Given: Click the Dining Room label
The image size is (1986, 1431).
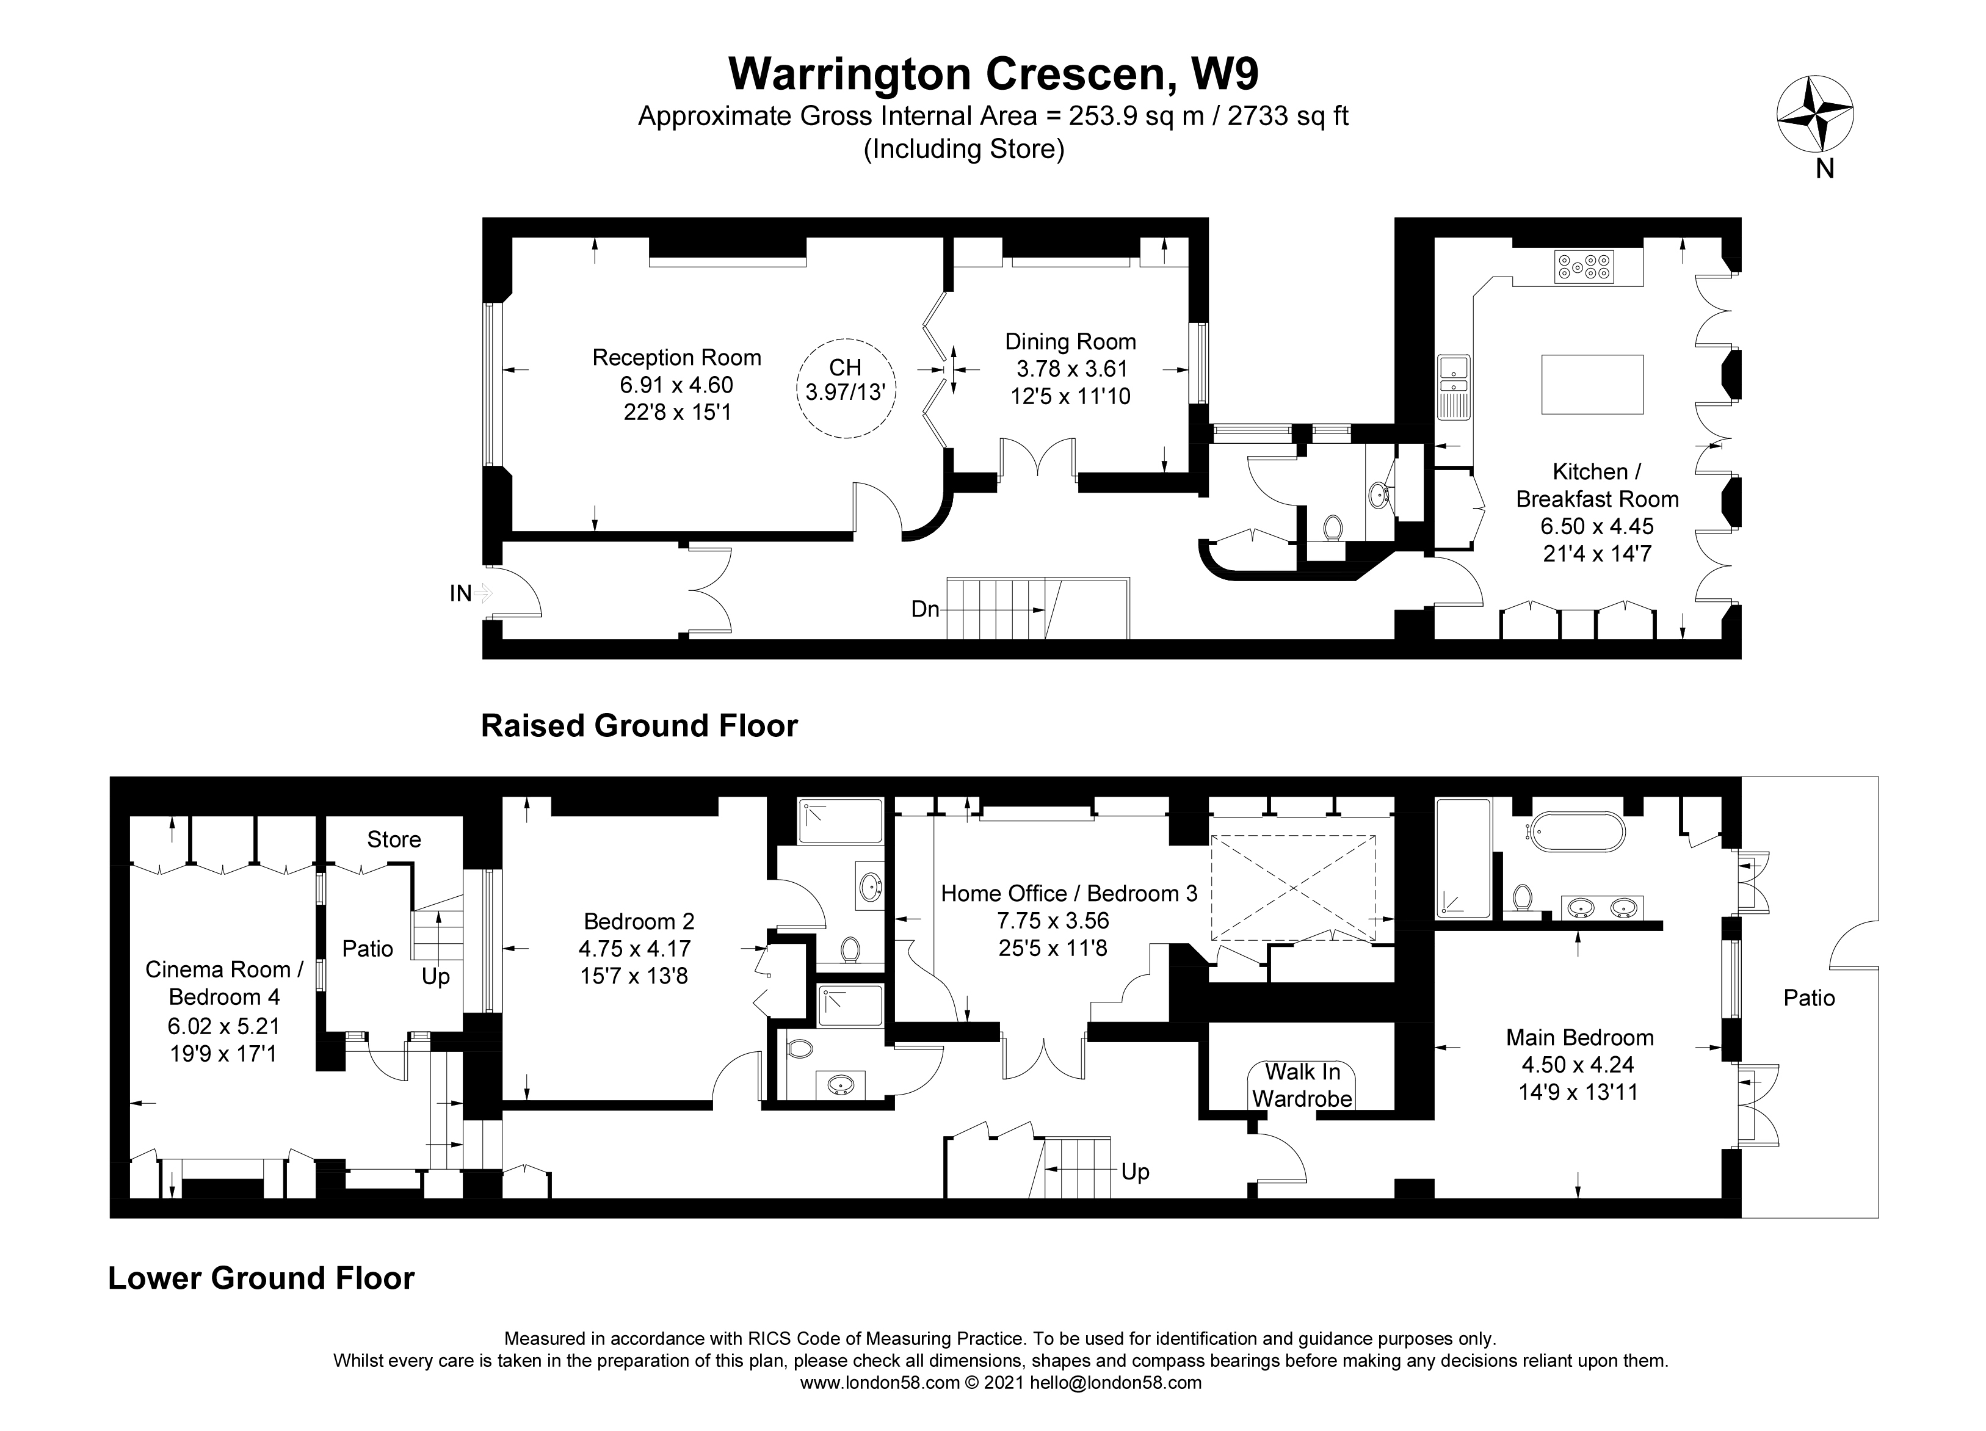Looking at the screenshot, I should tap(1070, 341).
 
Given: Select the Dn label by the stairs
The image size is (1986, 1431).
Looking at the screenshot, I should tap(925, 609).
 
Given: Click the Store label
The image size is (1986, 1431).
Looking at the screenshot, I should tap(393, 839).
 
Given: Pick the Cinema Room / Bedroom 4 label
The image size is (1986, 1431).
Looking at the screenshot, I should tap(224, 983).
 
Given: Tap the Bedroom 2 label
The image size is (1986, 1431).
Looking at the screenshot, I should tap(639, 921).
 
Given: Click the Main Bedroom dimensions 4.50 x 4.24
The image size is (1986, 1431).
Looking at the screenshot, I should tap(1579, 1064).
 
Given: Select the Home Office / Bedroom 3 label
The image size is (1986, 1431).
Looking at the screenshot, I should tap(1068, 893).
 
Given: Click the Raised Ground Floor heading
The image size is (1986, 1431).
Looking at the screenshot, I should tap(639, 726).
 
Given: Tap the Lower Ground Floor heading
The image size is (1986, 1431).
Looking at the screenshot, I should tap(261, 1278).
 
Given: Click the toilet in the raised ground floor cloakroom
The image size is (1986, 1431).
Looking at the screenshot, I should tap(1333, 527).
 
